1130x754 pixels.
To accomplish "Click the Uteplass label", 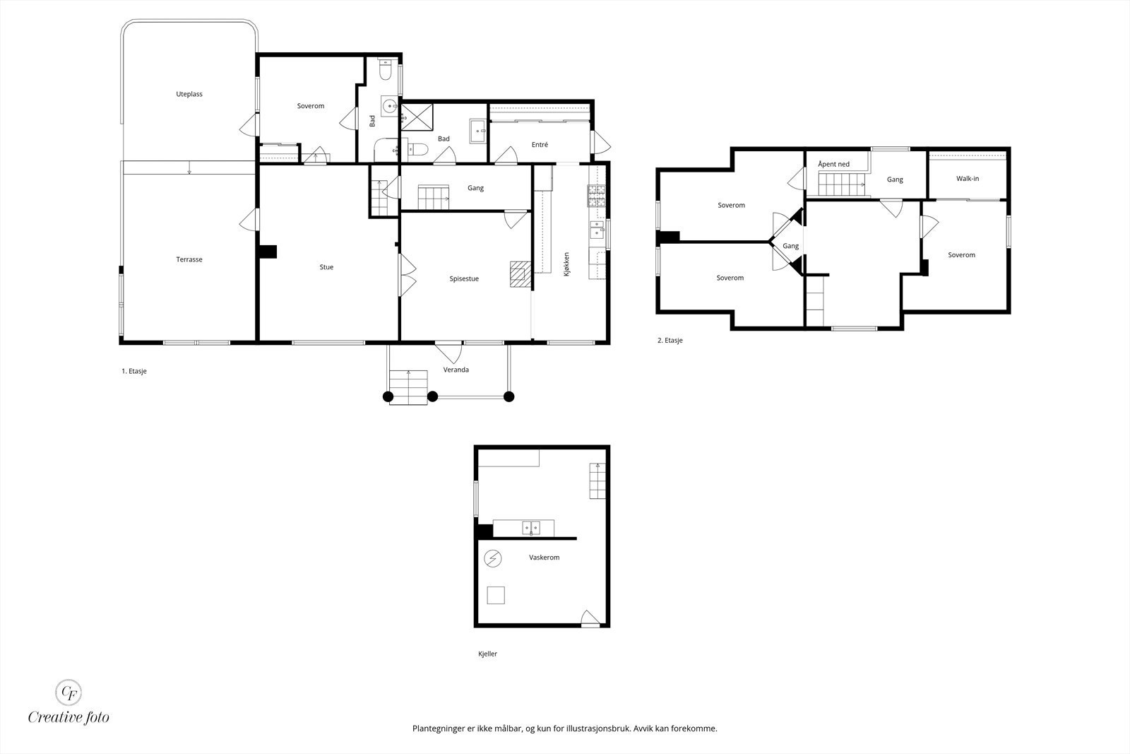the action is pos(189,95).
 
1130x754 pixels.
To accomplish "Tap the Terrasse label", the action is pos(189,259).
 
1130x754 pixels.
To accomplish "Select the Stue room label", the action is pos(326,267).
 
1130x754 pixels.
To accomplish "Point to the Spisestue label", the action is pos(464,278).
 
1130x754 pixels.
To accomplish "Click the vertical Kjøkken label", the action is pos(566,264).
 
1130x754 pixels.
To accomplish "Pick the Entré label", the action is pos(540,144).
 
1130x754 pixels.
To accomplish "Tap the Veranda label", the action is pos(456,370).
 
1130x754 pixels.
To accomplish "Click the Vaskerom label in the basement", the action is pos(545,557).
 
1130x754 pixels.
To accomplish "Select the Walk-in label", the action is pos(968,178).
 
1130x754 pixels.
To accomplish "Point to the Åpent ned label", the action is pos(834,164).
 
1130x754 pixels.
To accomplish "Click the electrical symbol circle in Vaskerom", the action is pos(493,559).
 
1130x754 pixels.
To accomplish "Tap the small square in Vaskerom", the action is pos(496,595).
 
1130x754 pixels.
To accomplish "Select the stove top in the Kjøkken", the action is pos(596,196).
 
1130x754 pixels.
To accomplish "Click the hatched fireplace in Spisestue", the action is pos(521,274).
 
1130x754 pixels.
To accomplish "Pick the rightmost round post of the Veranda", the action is pos(509,396).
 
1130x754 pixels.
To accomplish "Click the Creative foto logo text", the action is pos(69,717).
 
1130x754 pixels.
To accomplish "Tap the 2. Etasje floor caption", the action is pos(670,340).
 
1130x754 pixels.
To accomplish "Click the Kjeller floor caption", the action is pos(488,654).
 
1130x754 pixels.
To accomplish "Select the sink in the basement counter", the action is pos(530,528).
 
